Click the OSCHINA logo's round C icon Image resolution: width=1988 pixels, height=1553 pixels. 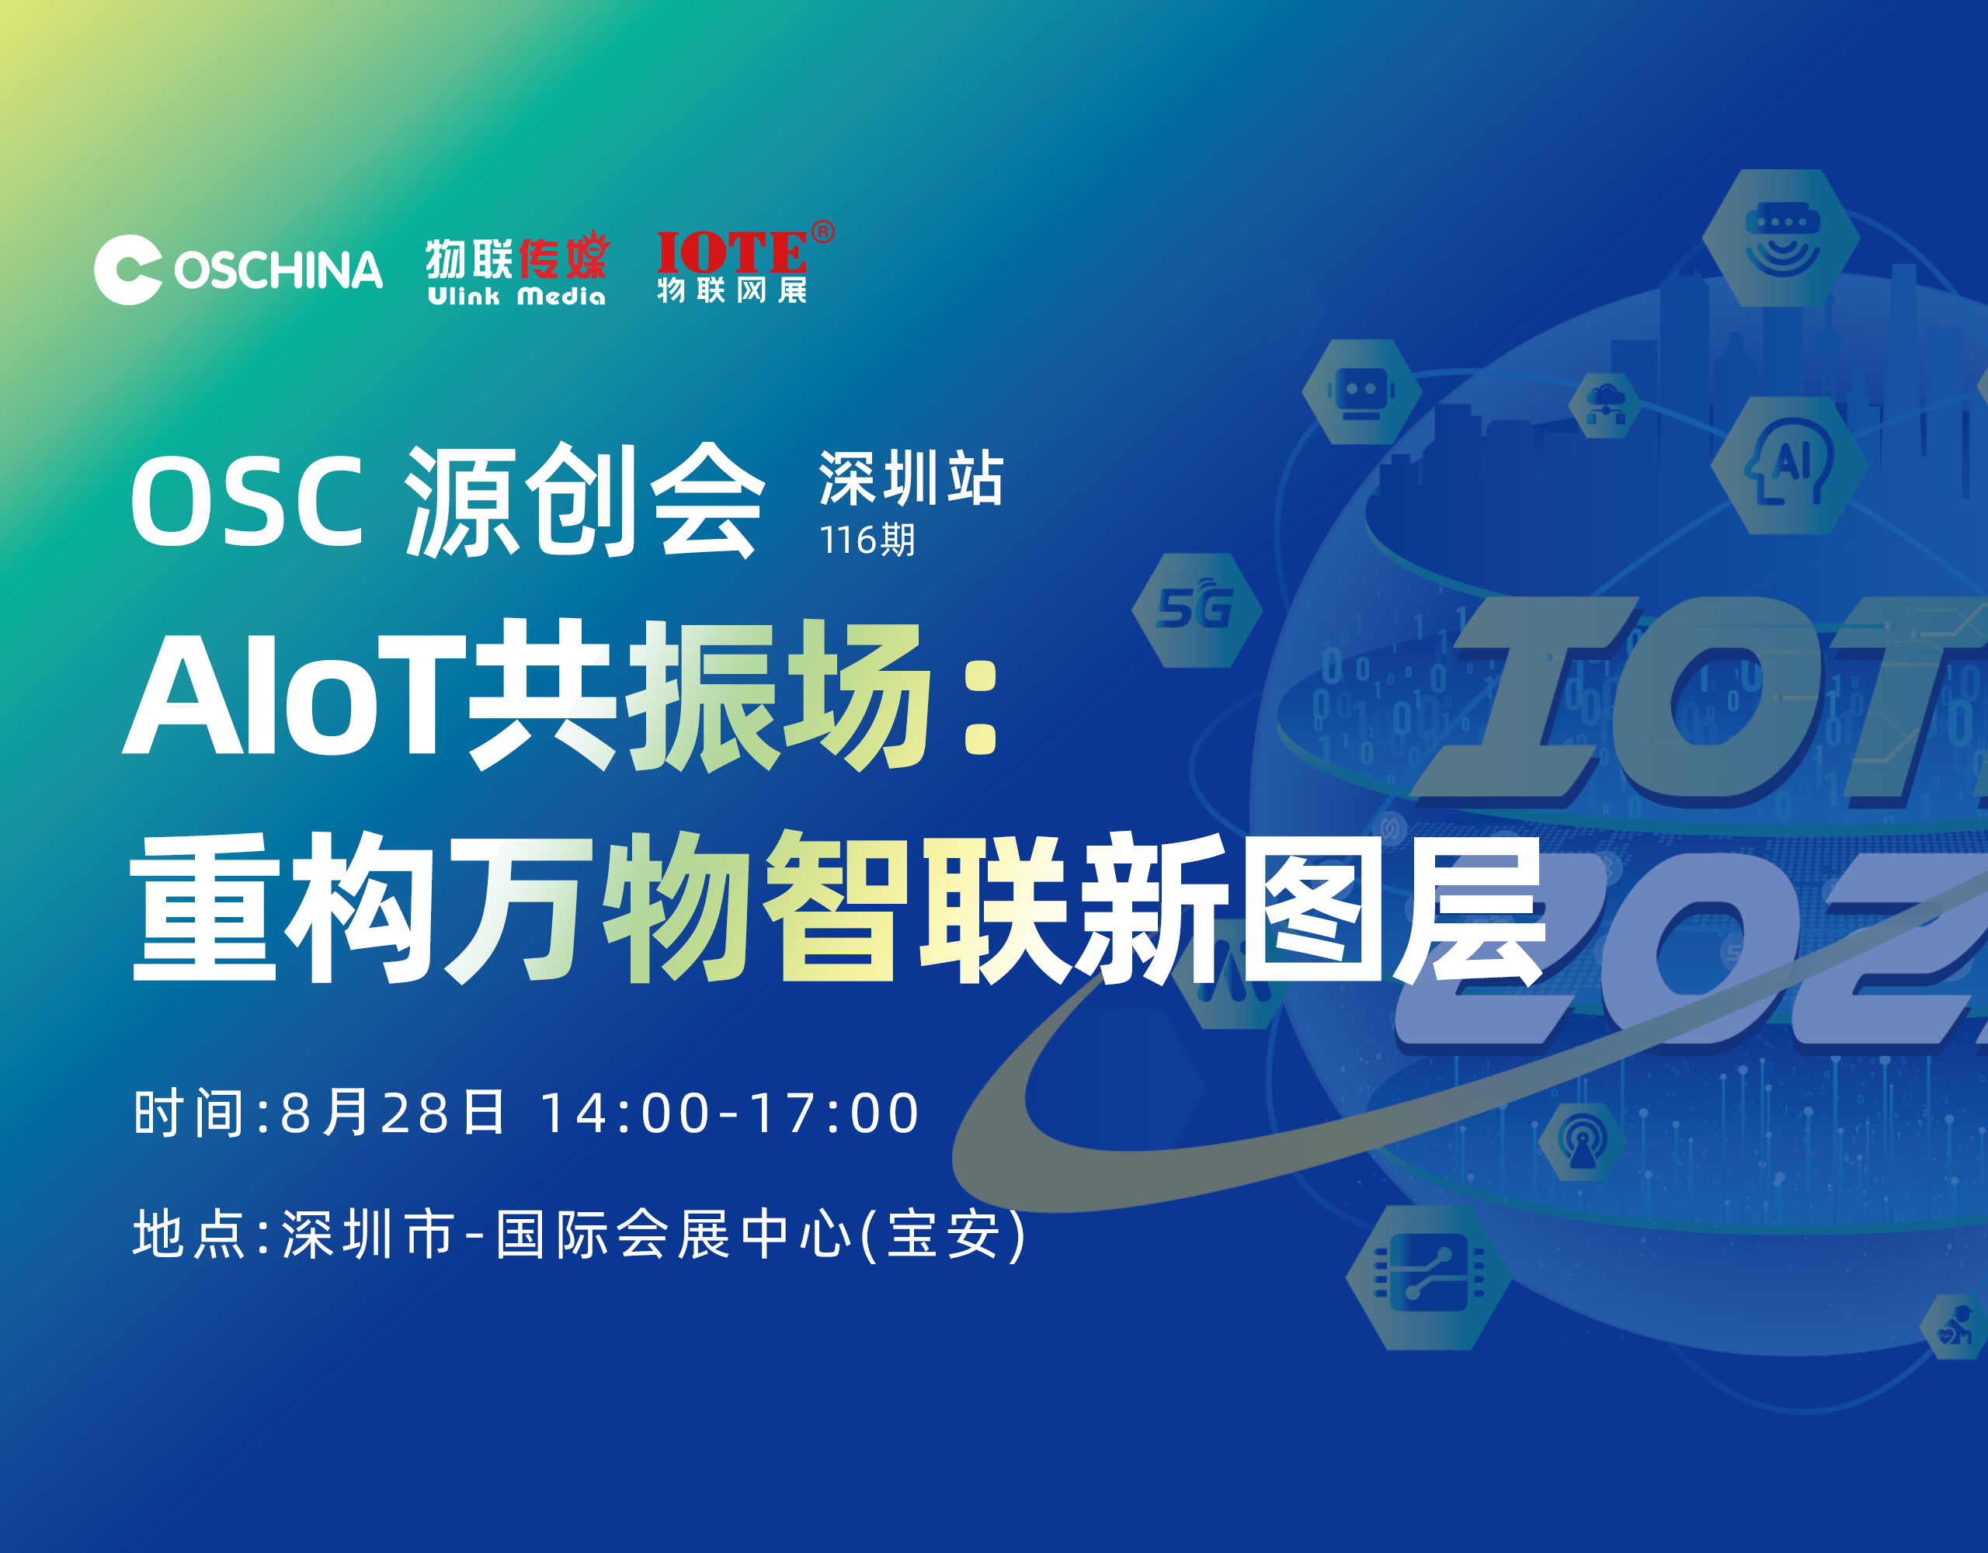[x=128, y=269]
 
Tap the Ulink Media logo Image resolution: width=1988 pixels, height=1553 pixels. [x=516, y=270]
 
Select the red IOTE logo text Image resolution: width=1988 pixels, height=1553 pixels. [x=731, y=252]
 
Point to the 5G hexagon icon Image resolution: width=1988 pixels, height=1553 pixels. [x=1196, y=609]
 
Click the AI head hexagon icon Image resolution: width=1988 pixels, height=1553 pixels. [x=1788, y=465]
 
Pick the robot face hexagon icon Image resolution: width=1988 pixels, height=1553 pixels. [x=1361, y=392]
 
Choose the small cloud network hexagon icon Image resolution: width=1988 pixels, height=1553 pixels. [x=1606, y=405]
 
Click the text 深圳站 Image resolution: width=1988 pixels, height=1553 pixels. [x=911, y=477]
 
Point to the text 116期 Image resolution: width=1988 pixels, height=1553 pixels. [x=867, y=540]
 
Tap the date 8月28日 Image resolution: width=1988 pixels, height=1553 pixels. [x=392, y=1113]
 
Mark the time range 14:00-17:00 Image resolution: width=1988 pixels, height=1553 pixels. [x=729, y=1113]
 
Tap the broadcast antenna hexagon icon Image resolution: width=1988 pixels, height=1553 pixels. [x=1582, y=1141]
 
